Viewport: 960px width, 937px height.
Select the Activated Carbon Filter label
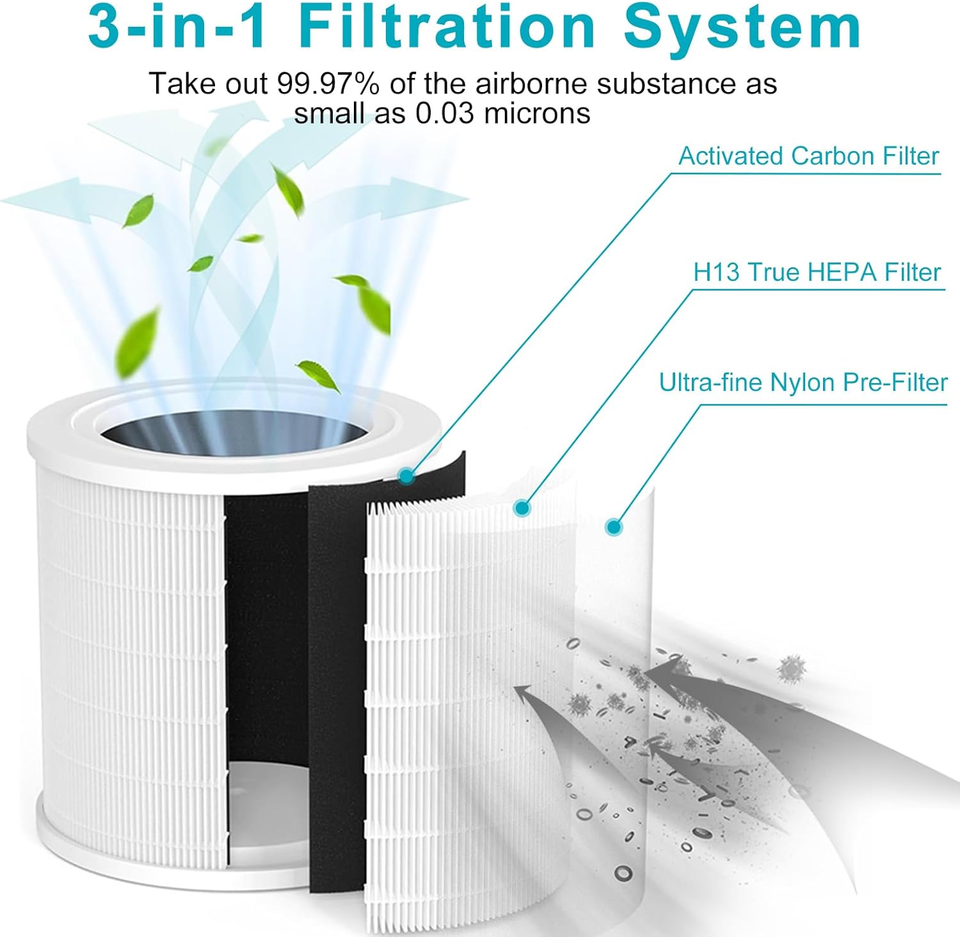808,156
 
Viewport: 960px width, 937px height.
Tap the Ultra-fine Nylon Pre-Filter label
803,382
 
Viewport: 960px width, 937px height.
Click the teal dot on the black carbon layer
406,475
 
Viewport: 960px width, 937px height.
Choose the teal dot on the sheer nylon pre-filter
614,527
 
